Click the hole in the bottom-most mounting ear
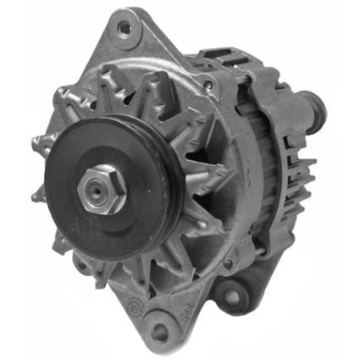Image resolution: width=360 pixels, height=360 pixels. click(161, 330)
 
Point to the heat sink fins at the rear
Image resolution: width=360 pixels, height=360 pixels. click(298, 182)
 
